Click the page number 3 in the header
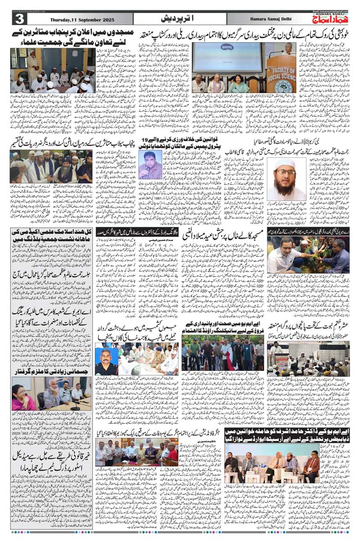[20, 19]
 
